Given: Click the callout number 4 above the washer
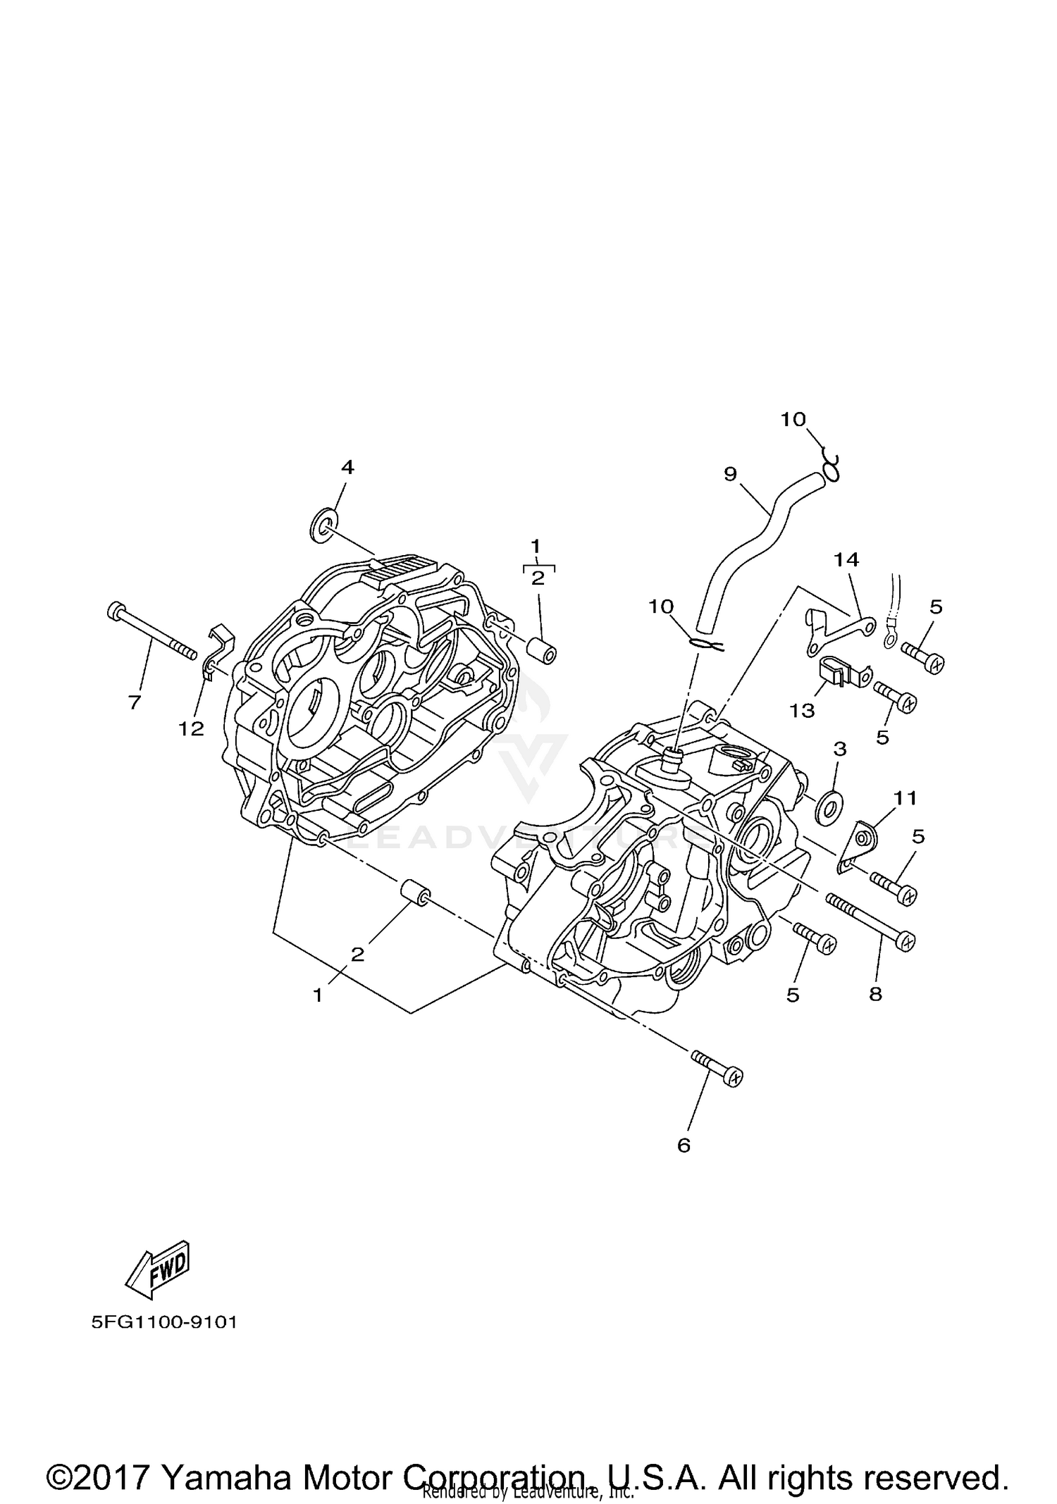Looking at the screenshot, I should (347, 467).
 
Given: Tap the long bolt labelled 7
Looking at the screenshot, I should (151, 632).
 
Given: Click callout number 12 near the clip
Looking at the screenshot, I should (191, 728).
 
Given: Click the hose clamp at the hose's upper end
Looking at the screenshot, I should (832, 468).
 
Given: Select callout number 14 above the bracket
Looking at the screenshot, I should (846, 559).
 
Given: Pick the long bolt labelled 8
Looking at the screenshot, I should (870, 921).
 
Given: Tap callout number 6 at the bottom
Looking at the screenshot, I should (684, 1145).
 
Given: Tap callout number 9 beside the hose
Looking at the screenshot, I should (730, 473).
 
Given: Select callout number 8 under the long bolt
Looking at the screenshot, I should (875, 994).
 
